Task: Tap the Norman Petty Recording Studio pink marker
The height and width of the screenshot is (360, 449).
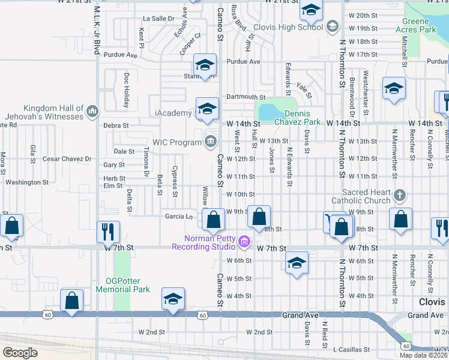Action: (244, 242)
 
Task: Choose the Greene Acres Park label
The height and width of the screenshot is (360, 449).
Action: (427, 25)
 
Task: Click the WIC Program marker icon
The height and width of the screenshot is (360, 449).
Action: (210, 141)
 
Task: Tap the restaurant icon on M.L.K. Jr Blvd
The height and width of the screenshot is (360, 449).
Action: (108, 231)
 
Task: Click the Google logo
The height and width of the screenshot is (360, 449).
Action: (20, 352)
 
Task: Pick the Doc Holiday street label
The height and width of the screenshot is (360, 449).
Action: (127, 91)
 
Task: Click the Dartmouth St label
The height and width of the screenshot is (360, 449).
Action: (246, 97)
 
